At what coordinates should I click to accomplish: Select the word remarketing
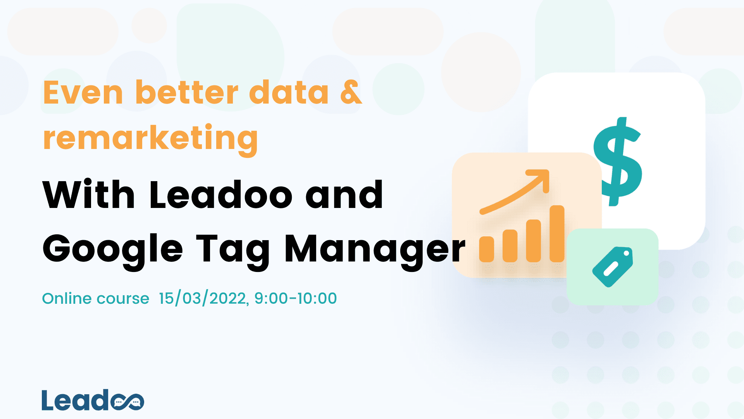pyautogui.click(x=150, y=139)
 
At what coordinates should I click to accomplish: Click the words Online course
pyautogui.click(x=95, y=298)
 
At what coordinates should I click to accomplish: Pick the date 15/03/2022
pyautogui.click(x=203, y=298)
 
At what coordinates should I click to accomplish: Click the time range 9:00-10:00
pyautogui.click(x=296, y=298)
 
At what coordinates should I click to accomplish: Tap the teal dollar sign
pyautogui.click(x=618, y=161)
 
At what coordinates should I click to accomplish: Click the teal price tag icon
pyautogui.click(x=613, y=267)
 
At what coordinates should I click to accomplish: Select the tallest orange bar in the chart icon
pyautogui.click(x=557, y=234)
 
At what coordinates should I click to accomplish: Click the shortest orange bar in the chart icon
pyautogui.click(x=486, y=249)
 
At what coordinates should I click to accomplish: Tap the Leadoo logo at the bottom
pyautogui.click(x=93, y=400)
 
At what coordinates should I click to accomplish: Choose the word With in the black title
pyautogui.click(x=88, y=195)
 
